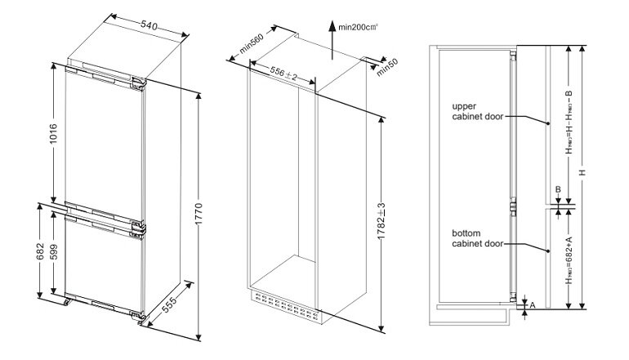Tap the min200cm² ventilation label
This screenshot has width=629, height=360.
pos(359,28)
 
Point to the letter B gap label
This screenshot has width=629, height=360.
pos(558,190)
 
